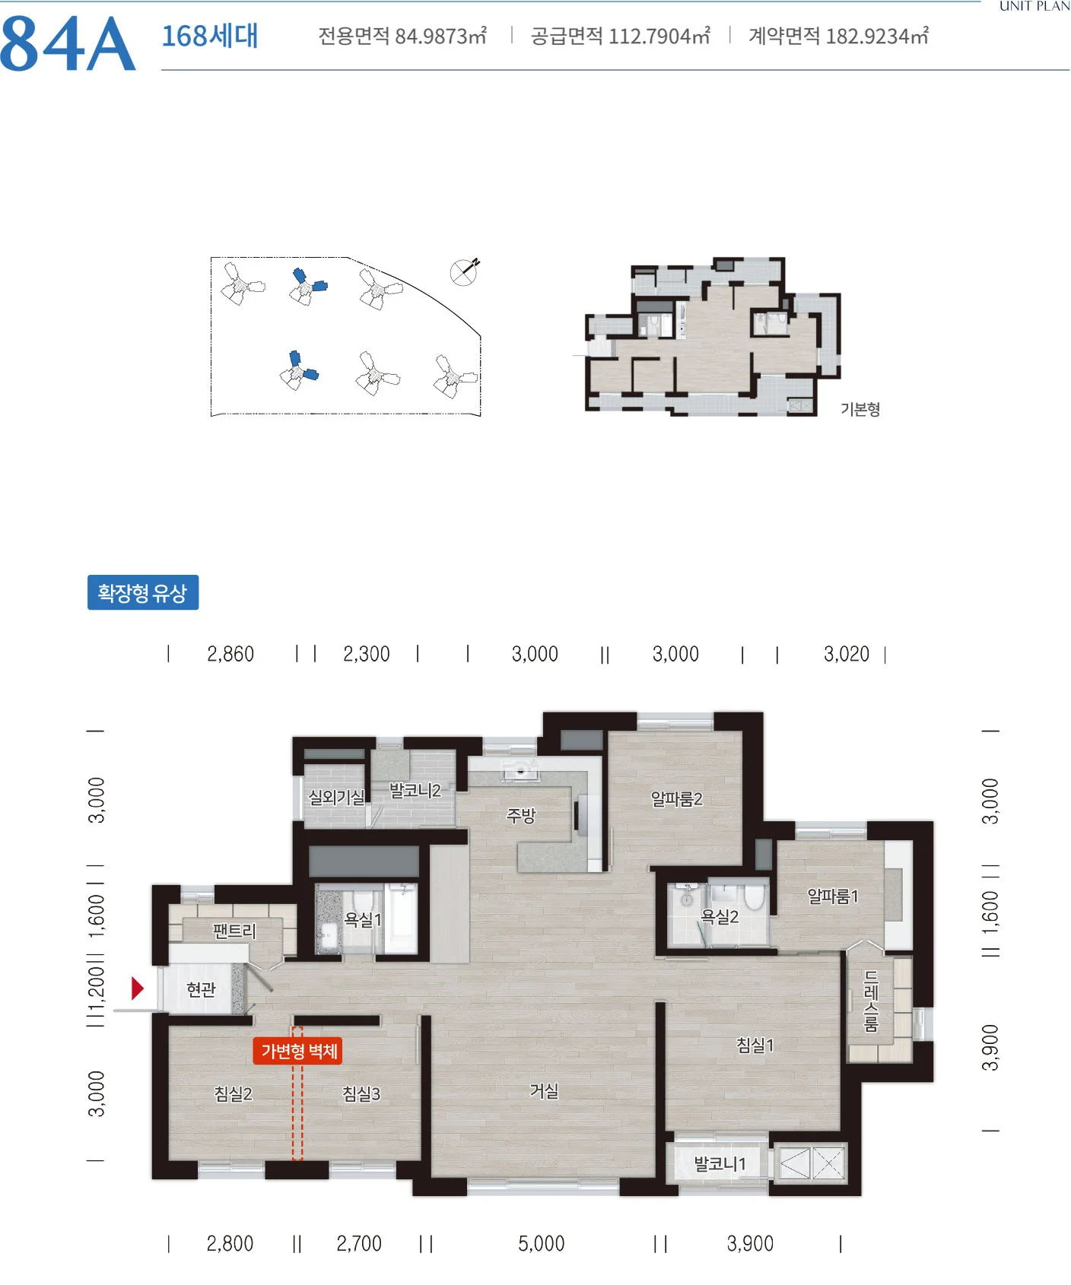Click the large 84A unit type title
point(68,44)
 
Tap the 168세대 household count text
point(210,36)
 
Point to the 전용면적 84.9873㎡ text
point(402,36)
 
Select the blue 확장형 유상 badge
point(143,592)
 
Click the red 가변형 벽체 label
point(299,1051)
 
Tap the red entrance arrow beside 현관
point(138,988)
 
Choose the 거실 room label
point(544,1091)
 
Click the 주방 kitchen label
point(521,815)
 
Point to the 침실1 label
point(755,1045)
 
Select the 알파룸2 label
point(676,798)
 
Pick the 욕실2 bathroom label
point(720,916)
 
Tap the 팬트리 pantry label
point(234,931)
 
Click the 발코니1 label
point(720,1163)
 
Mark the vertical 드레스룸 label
point(872,1001)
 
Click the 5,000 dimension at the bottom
point(542,1243)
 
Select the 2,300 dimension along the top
point(367,654)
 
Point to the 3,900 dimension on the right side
point(990,1048)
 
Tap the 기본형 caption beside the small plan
point(860,409)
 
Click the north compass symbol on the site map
point(464,271)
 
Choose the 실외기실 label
point(336,797)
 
